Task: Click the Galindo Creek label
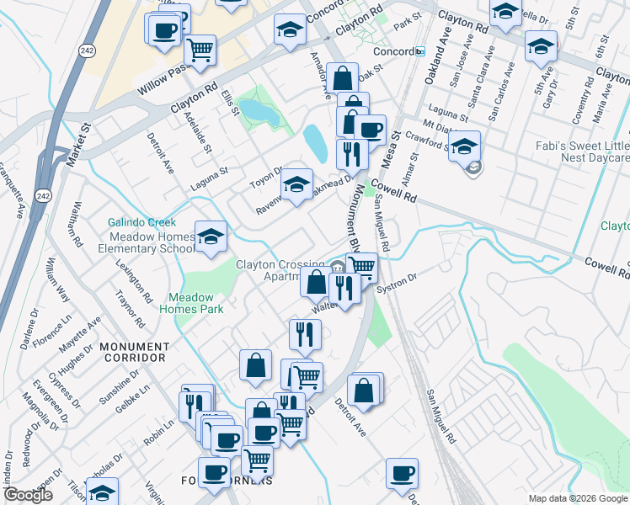tap(141, 222)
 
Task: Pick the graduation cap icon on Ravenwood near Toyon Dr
tap(296, 184)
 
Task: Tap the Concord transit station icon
tap(419, 51)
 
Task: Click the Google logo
tap(28, 496)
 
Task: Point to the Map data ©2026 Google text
tap(578, 498)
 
